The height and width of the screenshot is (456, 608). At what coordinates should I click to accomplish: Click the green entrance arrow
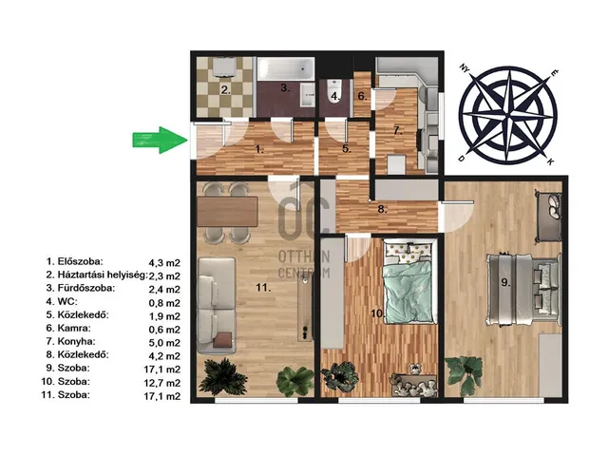160,140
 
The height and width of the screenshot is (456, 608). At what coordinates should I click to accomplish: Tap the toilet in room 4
333,91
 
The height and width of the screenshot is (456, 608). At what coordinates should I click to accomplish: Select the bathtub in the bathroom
286,68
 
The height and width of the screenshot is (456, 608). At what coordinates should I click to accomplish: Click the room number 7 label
397,130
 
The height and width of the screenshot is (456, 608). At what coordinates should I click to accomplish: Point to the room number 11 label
263,287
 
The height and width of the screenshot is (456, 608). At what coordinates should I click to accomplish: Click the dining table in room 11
227,211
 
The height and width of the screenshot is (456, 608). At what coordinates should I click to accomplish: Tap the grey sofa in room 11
217,305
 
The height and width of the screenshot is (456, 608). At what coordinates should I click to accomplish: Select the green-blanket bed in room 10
408,281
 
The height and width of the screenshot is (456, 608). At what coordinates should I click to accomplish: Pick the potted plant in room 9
465,373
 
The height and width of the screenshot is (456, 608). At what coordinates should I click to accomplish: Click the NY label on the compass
464,68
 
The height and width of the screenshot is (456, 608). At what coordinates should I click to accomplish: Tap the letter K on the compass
550,162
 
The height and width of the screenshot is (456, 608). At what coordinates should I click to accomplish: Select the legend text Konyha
76,341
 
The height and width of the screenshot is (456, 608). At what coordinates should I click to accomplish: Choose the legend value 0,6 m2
164,330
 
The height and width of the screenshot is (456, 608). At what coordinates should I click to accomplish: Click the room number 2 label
226,90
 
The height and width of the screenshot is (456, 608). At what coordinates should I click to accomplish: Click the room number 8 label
382,209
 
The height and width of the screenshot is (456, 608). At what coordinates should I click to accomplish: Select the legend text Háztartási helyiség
103,275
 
